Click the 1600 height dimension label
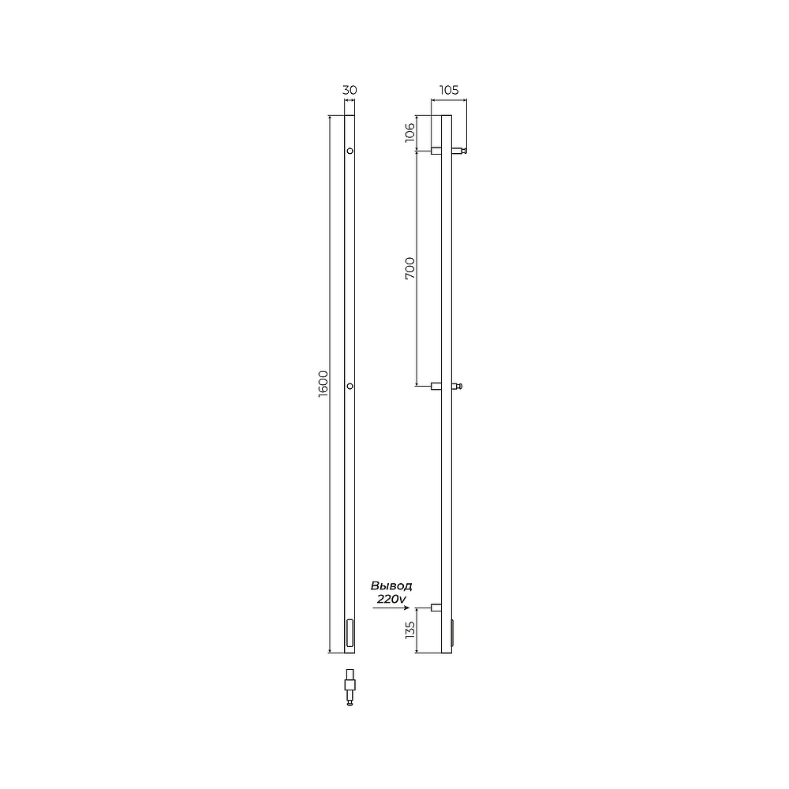[323, 384]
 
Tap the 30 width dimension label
[350, 90]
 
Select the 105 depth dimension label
[449, 90]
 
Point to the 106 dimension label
[410, 133]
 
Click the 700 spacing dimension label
[410, 268]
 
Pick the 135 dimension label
[410, 630]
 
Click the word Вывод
[391, 585]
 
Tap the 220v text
[391, 600]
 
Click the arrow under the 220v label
[391, 608]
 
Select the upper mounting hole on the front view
[350, 151]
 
